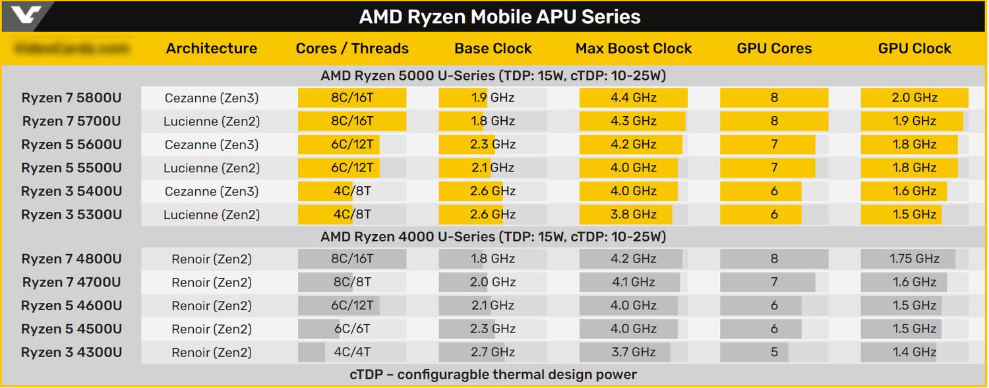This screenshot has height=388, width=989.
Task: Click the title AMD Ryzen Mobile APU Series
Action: tap(499, 16)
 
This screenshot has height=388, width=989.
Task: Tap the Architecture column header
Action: tap(212, 48)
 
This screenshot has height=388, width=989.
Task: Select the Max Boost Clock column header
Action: tap(634, 48)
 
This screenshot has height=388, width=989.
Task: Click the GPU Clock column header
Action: tap(914, 48)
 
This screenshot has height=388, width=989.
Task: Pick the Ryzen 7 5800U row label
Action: tap(71, 98)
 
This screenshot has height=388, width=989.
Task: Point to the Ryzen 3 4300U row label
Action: tap(71, 352)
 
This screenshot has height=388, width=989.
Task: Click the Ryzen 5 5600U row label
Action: tap(71, 145)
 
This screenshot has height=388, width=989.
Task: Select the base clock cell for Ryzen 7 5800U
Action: tap(493, 98)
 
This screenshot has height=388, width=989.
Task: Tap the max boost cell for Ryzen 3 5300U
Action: tap(634, 214)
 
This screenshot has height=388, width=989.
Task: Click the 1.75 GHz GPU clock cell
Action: tap(914, 259)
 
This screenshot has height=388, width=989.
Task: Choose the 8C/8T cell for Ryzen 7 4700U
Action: tap(352, 282)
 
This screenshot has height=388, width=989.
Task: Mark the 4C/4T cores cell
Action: tap(352, 352)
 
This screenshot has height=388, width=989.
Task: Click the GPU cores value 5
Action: tap(774, 352)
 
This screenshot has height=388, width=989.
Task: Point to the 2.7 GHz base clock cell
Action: tap(493, 352)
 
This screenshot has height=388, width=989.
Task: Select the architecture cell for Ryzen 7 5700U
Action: tap(212, 121)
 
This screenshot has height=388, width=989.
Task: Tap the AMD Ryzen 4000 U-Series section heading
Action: tap(493, 236)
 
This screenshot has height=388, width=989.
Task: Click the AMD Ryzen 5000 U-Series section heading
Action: tap(493, 75)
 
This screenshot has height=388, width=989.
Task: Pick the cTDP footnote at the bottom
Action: tap(493, 375)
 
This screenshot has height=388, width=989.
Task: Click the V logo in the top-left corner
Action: tap(26, 15)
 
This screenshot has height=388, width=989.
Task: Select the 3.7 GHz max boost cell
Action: tap(634, 352)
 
